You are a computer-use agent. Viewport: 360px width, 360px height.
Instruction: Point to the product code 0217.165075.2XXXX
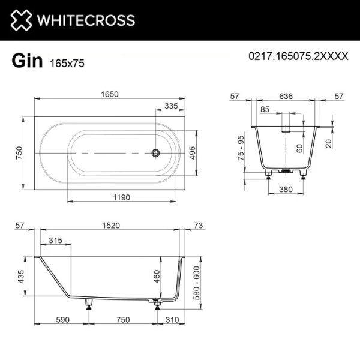pos(298,56)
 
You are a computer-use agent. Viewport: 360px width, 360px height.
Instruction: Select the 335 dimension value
pos(172,106)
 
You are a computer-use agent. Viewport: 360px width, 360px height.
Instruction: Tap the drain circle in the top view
pos(156,153)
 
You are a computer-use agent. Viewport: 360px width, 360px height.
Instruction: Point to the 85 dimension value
pos(265,109)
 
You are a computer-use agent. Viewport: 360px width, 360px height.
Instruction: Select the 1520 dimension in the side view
pos(110,226)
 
